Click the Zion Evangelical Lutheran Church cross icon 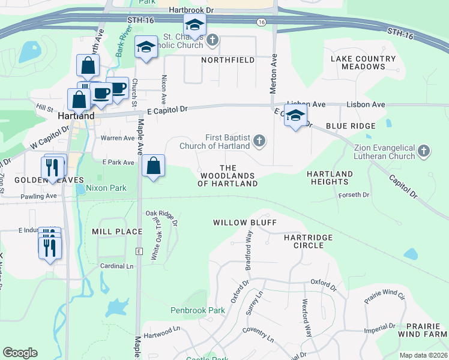(424, 151)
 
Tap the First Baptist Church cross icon (259, 140)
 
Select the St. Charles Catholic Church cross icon (212, 41)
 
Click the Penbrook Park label (197, 311)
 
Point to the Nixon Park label (106, 188)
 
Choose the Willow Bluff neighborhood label (245, 223)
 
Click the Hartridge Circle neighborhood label (308, 242)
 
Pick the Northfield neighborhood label (228, 61)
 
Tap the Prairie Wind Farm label (424, 329)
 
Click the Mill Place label (117, 231)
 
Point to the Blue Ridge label (351, 126)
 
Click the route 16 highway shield (261, 22)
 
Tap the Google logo (20, 353)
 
